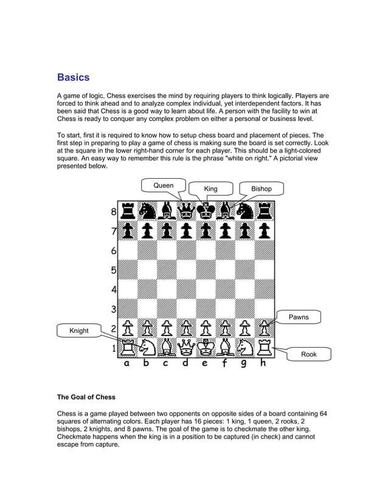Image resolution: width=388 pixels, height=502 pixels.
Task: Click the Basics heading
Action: pyautogui.click(x=73, y=78)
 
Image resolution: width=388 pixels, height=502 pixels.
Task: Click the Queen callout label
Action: pyautogui.click(x=163, y=185)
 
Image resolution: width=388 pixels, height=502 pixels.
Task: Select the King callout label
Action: pyautogui.click(x=210, y=189)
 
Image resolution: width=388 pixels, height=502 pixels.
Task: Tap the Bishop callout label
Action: pyautogui.click(x=262, y=189)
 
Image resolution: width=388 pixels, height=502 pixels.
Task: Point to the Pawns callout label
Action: pyautogui.click(x=299, y=317)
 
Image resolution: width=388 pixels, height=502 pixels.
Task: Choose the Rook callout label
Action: pyautogui.click(x=309, y=354)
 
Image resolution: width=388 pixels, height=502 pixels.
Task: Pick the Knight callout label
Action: pyautogui.click(x=79, y=331)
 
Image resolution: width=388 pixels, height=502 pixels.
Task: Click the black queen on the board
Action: pyautogui.click(x=185, y=211)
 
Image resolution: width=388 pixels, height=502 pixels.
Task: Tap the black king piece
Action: pyautogui.click(x=206, y=211)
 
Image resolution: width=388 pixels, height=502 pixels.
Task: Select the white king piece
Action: pyautogui.click(x=206, y=348)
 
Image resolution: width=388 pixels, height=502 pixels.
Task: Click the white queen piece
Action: pyautogui.click(x=185, y=348)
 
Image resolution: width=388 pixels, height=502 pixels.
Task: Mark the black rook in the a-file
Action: pyautogui.click(x=128, y=211)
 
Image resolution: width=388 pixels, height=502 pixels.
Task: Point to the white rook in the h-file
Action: pyautogui.click(x=264, y=348)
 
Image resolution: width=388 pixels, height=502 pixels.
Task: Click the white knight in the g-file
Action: pyautogui.click(x=244, y=348)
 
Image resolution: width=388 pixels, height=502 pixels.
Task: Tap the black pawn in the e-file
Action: pyautogui.click(x=206, y=231)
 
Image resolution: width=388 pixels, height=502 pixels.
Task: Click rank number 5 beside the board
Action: pyautogui.click(x=114, y=270)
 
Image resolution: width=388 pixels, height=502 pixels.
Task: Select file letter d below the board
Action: pyautogui.click(x=185, y=364)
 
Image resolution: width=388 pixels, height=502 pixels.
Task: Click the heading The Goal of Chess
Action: pyautogui.click(x=86, y=397)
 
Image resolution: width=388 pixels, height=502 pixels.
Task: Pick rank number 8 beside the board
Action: pyautogui.click(x=114, y=213)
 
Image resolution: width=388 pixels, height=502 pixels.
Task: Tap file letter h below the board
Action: pyautogui.click(x=263, y=364)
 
